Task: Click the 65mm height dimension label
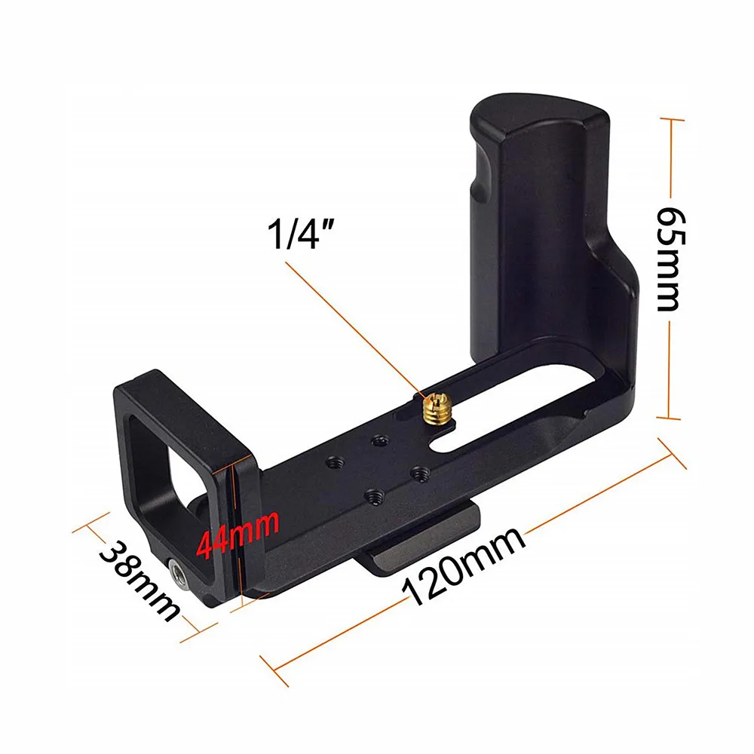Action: [x=670, y=259]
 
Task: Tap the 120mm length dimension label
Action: [x=464, y=565]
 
